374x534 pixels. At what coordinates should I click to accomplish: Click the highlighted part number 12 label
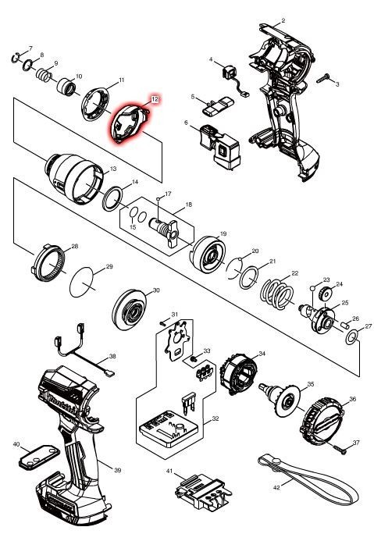pos(155,99)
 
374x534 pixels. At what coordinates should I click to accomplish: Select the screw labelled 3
pos(323,78)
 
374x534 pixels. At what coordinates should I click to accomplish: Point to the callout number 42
pos(276,488)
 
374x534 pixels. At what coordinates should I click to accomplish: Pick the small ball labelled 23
pos(312,288)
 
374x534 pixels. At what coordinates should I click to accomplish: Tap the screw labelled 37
pos(340,450)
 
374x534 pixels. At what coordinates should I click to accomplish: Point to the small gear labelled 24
pos(325,292)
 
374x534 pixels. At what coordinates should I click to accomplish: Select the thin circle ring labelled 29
pos(81,282)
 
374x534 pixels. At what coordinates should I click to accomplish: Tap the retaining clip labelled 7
pos(16,58)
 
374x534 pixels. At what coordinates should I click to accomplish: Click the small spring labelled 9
pos(44,75)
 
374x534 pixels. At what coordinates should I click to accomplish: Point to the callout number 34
pos(262,354)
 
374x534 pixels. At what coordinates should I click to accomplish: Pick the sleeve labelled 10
pos(66,87)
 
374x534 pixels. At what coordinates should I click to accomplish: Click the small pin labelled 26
pos(344,325)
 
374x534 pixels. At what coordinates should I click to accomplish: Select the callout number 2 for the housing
pos(283,21)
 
